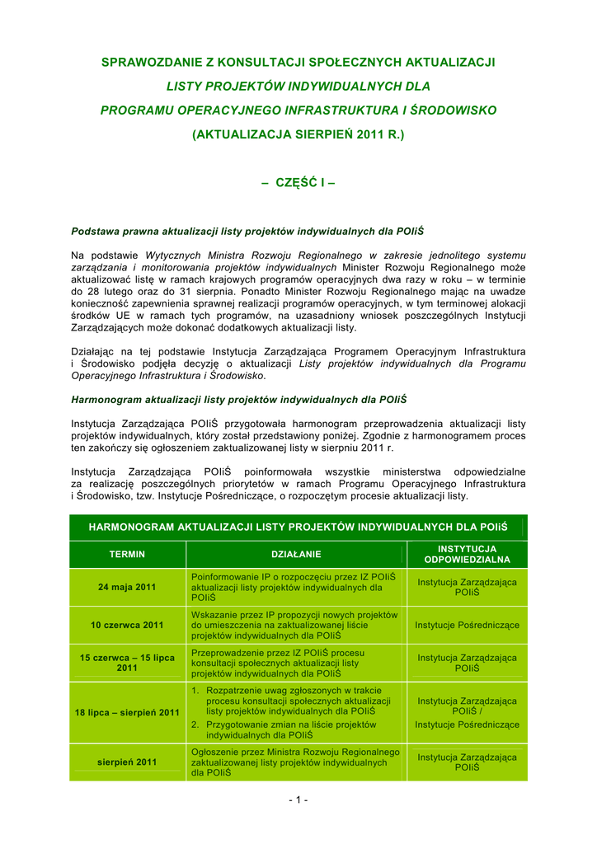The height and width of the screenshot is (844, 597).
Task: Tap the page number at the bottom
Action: tap(298, 799)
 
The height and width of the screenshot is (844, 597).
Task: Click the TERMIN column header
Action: tap(127, 554)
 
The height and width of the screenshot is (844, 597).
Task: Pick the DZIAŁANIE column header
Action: tap(296, 554)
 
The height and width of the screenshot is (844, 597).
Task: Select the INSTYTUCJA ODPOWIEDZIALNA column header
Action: tap(467, 554)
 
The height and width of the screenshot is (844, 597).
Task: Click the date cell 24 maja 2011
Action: tap(127, 587)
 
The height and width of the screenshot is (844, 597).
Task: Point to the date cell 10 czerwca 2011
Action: tap(127, 625)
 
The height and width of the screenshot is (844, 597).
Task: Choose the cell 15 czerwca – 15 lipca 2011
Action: tap(127, 663)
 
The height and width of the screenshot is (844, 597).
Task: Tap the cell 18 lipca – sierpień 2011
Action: tap(127, 712)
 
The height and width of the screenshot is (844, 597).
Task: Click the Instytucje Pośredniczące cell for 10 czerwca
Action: tap(467, 625)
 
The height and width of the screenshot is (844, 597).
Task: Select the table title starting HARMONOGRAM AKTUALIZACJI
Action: tap(298, 527)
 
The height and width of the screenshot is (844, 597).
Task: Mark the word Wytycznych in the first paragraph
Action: tap(171, 256)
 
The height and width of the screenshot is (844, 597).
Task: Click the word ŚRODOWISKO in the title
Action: tap(453, 110)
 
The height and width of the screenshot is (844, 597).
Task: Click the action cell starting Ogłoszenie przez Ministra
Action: tap(294, 762)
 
